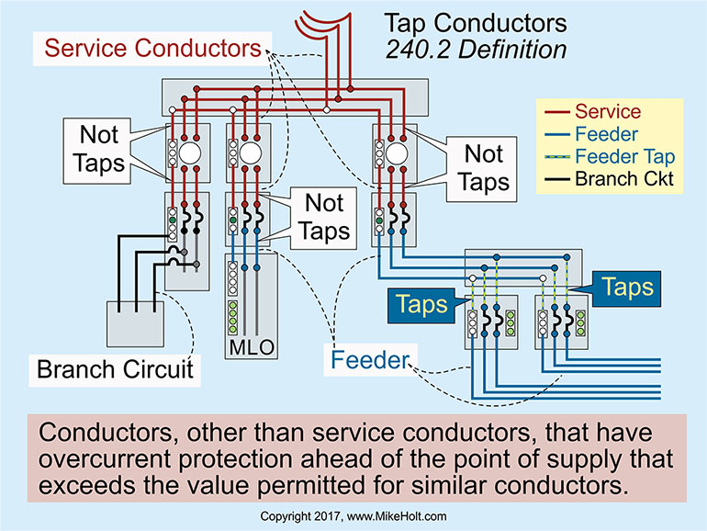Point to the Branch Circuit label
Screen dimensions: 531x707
tap(115, 369)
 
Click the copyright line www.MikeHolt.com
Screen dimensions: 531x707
tap(353, 517)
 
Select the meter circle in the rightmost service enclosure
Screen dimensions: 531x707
tap(396, 153)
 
